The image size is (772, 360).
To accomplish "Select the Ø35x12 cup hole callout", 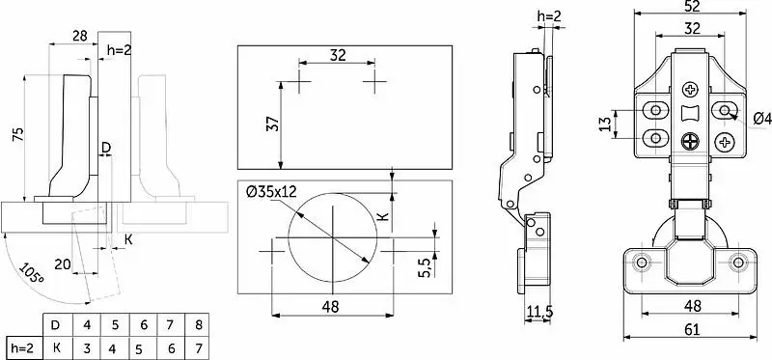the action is (x=272, y=191).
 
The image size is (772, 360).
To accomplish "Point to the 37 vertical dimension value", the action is (x=275, y=125).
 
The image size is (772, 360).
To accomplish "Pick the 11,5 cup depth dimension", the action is (x=539, y=311).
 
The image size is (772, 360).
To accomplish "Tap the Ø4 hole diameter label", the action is (x=762, y=119).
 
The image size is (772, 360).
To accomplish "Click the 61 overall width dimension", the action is (x=692, y=329).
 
